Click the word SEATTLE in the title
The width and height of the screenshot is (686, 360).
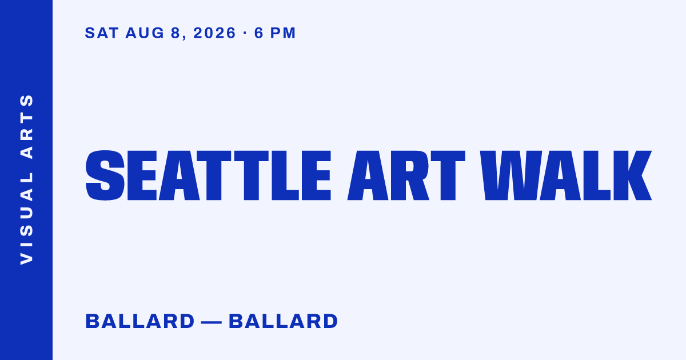(x=208, y=175)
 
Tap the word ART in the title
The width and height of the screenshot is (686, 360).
(x=406, y=175)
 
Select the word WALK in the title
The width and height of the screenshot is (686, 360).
(x=565, y=175)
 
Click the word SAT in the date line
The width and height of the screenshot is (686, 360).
(x=102, y=33)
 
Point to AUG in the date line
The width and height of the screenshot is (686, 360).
(x=145, y=33)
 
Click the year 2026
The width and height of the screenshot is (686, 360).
(x=215, y=33)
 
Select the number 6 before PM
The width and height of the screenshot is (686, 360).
(x=259, y=33)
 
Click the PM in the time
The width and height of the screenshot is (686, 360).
(x=282, y=33)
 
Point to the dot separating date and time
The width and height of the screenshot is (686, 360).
(x=245, y=33)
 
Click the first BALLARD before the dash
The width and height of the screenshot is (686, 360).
(x=140, y=321)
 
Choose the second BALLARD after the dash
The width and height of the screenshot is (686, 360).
(x=284, y=321)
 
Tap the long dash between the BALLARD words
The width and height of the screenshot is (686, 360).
(x=212, y=322)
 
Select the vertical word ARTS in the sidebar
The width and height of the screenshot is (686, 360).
(x=27, y=126)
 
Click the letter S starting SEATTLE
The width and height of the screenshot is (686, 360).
(x=105, y=175)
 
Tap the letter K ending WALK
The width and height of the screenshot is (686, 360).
(x=632, y=175)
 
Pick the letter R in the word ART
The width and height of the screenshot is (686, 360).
(x=410, y=175)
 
